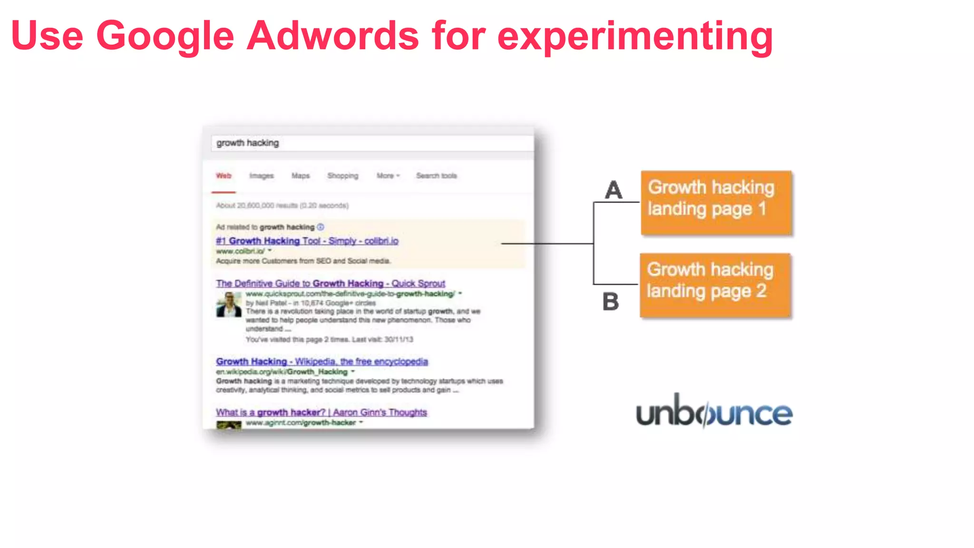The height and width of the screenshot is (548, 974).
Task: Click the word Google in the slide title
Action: (165, 36)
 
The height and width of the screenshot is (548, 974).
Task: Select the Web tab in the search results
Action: (224, 176)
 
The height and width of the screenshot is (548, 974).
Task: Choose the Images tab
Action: (262, 176)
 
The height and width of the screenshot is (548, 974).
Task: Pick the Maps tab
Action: (301, 176)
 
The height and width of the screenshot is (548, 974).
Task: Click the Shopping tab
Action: (343, 176)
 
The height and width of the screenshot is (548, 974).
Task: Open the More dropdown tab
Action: (388, 176)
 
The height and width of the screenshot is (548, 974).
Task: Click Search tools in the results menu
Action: (437, 176)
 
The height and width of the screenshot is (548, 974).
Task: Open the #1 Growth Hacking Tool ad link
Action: (307, 241)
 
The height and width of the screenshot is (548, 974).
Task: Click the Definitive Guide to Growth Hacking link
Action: (331, 283)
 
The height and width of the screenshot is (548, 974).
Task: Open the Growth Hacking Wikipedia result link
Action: (322, 362)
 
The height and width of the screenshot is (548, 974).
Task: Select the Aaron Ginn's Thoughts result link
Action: (321, 412)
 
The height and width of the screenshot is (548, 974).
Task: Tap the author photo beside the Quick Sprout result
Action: (229, 304)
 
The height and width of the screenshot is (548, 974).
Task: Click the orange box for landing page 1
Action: (716, 203)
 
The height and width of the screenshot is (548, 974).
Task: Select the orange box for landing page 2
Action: (715, 285)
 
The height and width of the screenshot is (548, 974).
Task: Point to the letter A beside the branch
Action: (614, 190)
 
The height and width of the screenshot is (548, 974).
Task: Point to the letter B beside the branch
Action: (611, 301)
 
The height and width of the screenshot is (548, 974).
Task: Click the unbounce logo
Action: (714, 412)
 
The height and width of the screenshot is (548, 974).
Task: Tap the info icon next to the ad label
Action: (321, 227)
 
